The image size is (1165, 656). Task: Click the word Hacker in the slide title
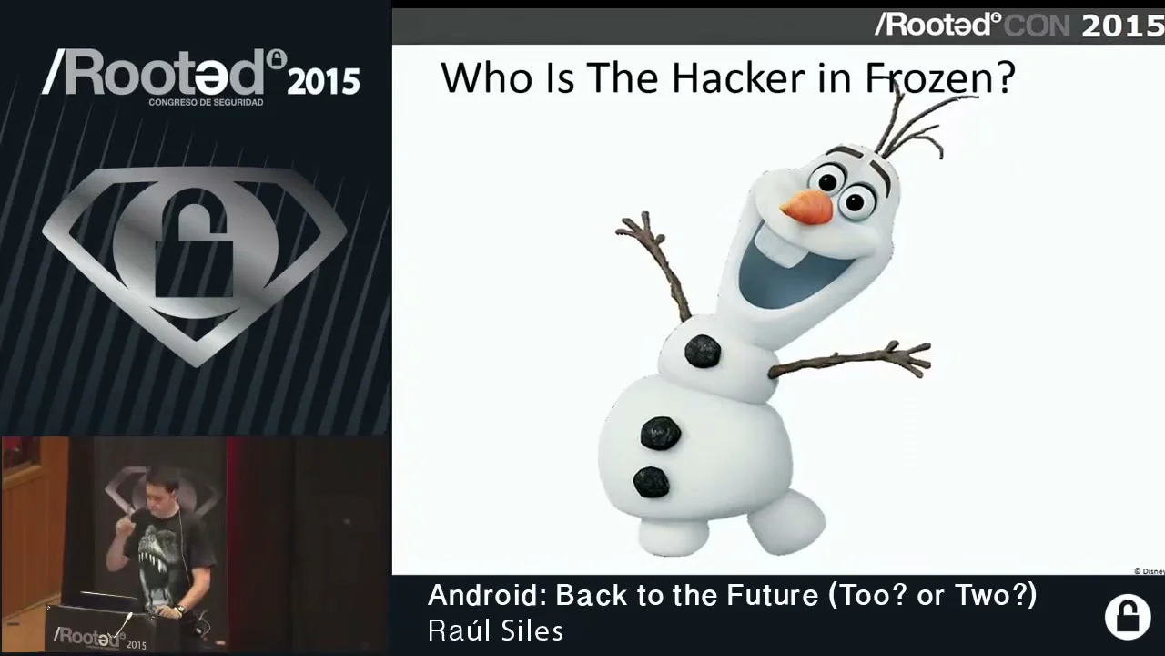point(738,78)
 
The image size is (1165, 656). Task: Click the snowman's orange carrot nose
point(807,207)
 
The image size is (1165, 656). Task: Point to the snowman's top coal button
point(703,351)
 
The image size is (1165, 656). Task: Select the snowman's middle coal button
point(661,433)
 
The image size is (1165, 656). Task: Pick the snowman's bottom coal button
point(651,482)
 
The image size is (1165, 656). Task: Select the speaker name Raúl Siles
point(495,630)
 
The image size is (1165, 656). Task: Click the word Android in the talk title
point(487,596)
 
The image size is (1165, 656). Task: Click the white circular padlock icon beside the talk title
point(1128,618)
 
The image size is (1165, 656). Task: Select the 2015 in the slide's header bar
point(1123,26)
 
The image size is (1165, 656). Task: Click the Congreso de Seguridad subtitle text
point(206,103)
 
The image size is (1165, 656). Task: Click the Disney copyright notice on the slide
point(1149,571)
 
